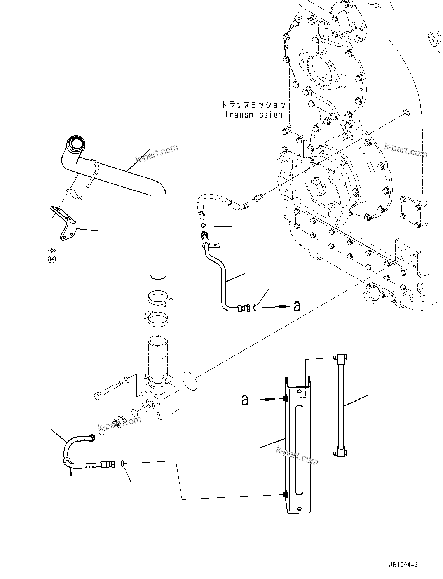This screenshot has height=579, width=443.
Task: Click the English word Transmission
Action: [x=253, y=115]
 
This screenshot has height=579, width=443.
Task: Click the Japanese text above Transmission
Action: [x=253, y=105]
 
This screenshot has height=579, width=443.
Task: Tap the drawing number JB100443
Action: [x=402, y=565]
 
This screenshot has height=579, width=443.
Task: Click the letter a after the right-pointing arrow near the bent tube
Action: [x=297, y=306]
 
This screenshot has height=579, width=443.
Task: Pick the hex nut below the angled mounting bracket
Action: [x=51, y=259]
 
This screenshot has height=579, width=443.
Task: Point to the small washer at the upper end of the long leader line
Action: [x=406, y=113]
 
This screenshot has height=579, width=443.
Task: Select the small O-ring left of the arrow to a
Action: [x=255, y=308]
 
